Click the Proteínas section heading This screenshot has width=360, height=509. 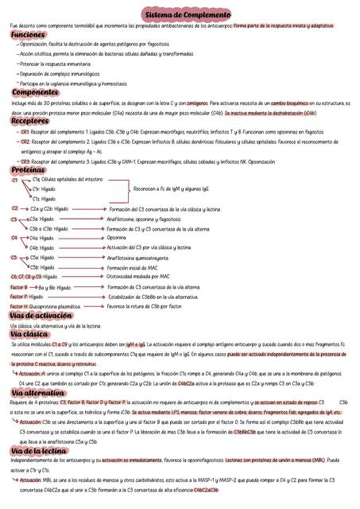pos(28,169)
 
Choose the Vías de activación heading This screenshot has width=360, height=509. pos(42,315)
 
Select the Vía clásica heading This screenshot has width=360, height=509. pos(30,334)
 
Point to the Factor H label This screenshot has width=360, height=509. pos(18,305)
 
